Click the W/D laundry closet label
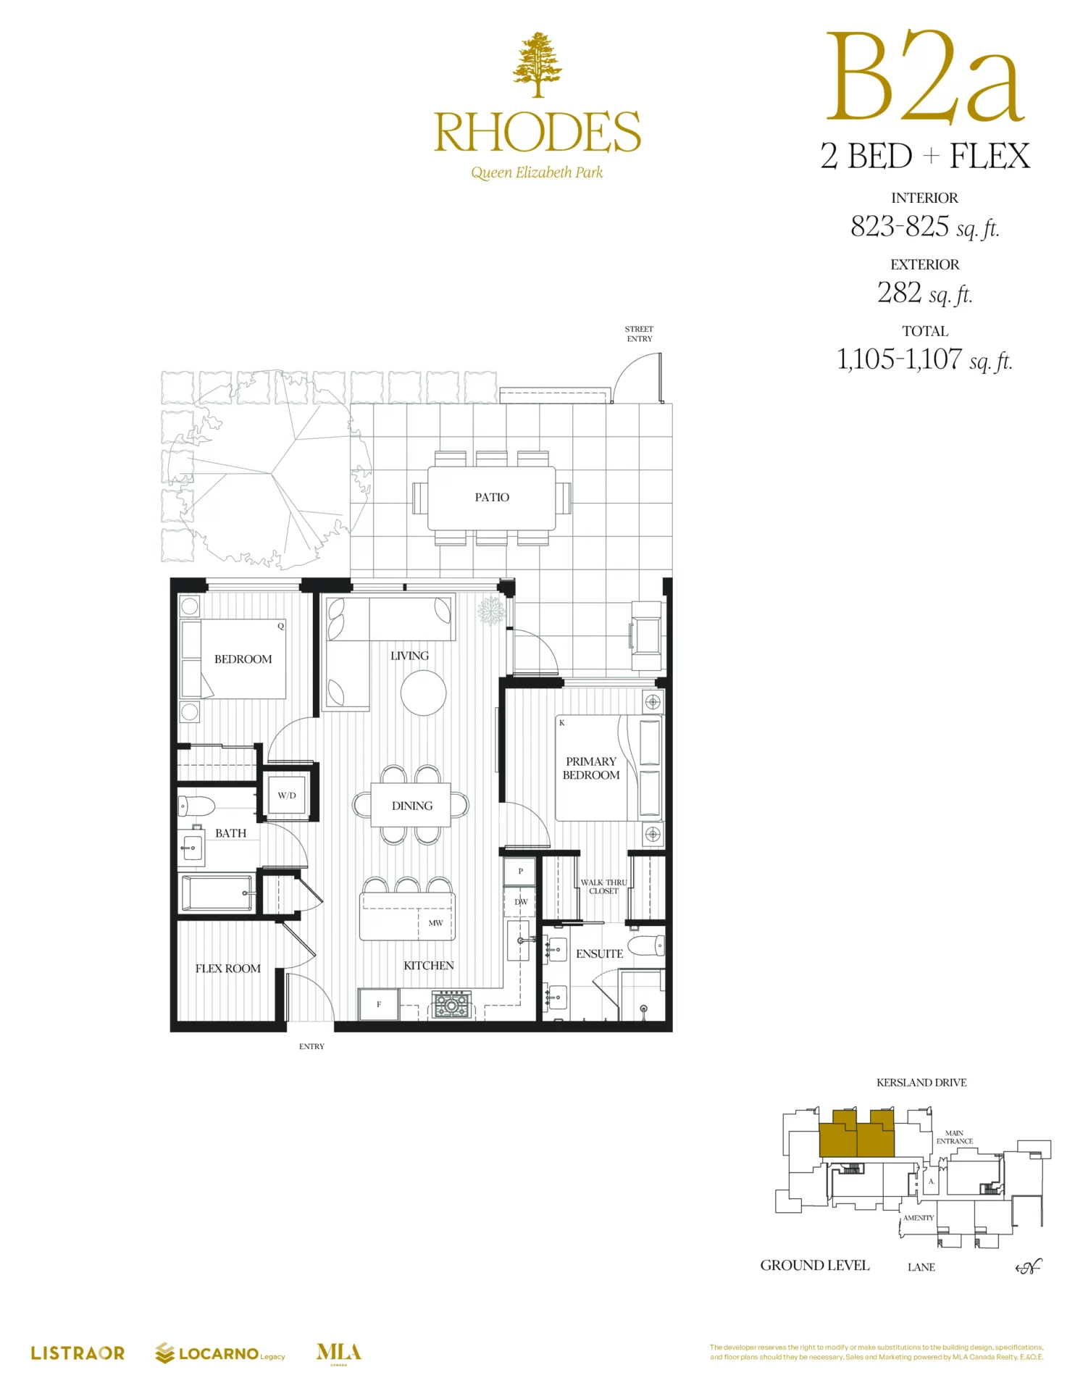click(287, 795)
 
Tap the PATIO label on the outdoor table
click(492, 497)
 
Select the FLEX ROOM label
click(227, 969)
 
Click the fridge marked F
click(379, 1004)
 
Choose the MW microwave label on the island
click(435, 923)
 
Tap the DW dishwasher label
click(521, 902)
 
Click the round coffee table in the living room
click(424, 693)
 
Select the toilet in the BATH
click(197, 806)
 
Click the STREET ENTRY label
click(640, 334)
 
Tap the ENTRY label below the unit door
click(311, 1046)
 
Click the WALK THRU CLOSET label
click(603, 887)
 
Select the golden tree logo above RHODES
click(537, 64)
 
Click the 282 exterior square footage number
click(899, 293)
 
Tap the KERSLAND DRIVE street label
click(921, 1082)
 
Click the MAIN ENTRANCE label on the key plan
click(955, 1137)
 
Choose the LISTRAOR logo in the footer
click(78, 1353)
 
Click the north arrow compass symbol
click(1029, 1266)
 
